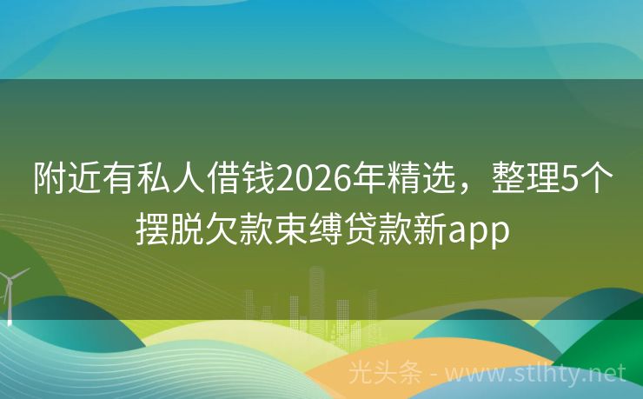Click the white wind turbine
(11, 291)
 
